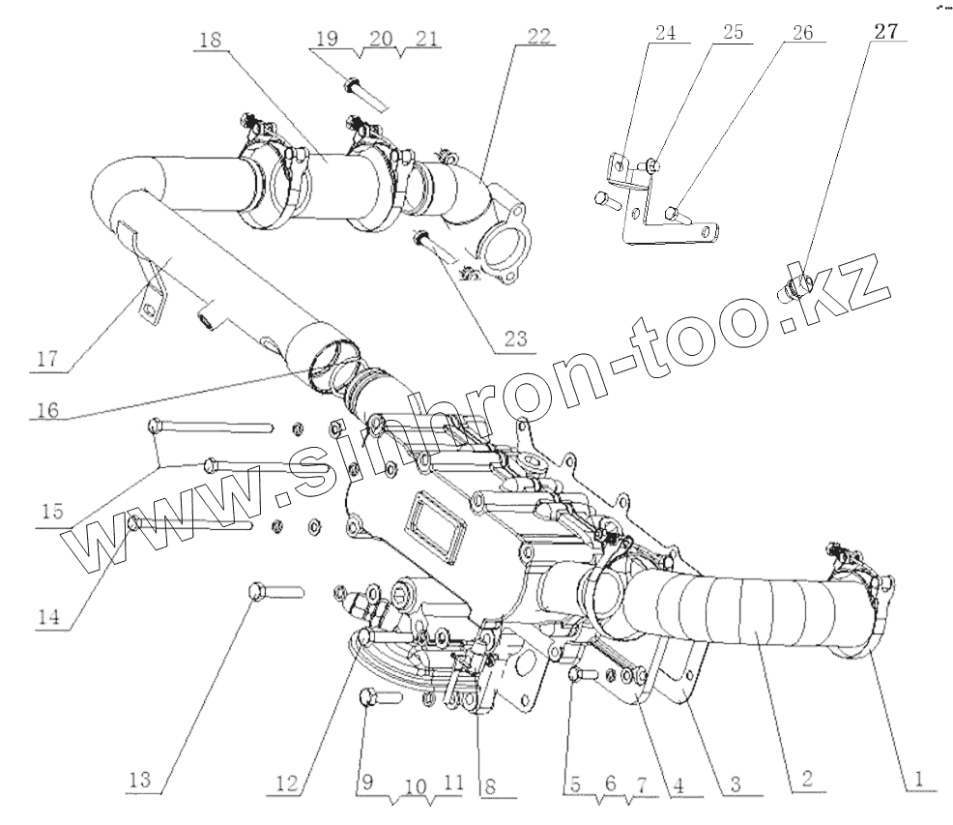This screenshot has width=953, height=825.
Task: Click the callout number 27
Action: coord(887,31)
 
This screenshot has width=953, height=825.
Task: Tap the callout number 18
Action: coord(210,40)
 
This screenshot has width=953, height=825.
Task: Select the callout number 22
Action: coord(539,38)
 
